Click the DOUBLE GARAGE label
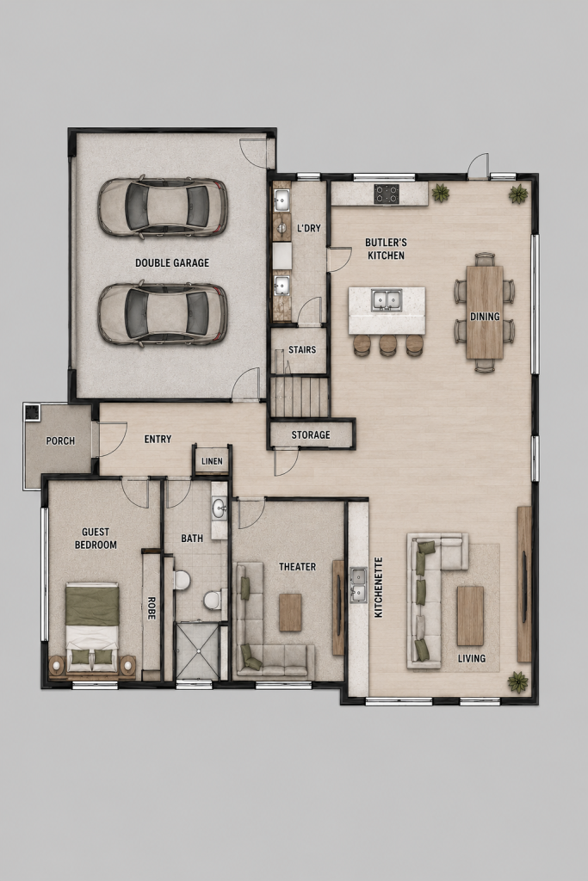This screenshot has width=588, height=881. (172, 262)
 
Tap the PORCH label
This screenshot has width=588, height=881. (60, 441)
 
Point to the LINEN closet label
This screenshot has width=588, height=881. (212, 461)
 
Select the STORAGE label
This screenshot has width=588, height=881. (310, 434)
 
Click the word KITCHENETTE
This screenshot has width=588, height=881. (378, 587)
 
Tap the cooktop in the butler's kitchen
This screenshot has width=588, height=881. (387, 194)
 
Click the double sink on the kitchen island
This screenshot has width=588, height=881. (387, 299)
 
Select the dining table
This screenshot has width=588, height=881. (485, 311)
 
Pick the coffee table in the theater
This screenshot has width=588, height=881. (290, 613)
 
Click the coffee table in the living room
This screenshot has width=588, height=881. (471, 616)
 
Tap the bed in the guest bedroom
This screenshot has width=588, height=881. (92, 627)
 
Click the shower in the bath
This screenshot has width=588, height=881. (197, 650)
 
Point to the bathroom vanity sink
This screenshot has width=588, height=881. (220, 510)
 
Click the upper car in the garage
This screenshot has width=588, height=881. (163, 206)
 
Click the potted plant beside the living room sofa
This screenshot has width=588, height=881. (517, 682)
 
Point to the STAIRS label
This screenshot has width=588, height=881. (302, 349)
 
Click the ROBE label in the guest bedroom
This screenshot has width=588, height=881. (151, 608)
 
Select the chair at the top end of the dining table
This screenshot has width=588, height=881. (485, 259)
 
